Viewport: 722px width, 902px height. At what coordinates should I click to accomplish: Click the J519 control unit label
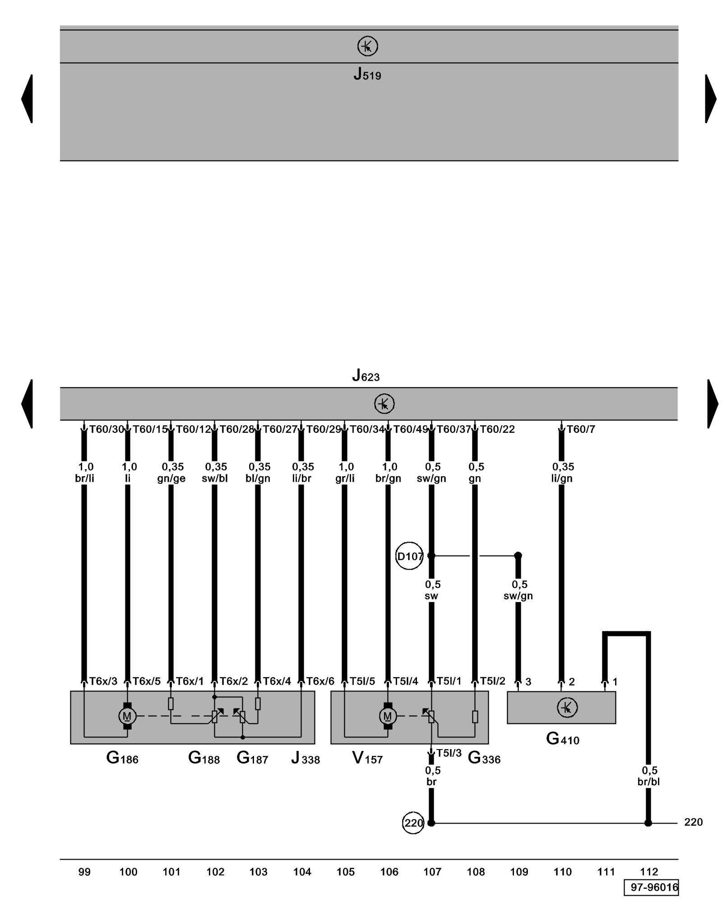tap(367, 74)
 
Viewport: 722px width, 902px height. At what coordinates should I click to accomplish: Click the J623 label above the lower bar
tap(366, 376)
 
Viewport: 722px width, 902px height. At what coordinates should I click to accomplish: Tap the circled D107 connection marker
tap(409, 556)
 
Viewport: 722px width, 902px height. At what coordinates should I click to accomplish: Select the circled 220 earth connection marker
tap(413, 823)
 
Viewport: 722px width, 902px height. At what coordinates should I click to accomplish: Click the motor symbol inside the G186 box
tap(127, 716)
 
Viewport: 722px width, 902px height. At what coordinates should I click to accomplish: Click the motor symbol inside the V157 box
tap(387, 716)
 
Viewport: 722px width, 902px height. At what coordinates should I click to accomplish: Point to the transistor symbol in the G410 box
tap(567, 707)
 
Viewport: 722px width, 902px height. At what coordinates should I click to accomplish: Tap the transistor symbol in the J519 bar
tap(367, 46)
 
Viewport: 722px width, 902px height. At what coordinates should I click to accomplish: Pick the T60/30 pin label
tap(106, 429)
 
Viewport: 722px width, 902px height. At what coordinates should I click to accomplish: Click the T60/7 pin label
tap(581, 429)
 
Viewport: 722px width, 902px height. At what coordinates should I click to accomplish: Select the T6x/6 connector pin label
tap(320, 681)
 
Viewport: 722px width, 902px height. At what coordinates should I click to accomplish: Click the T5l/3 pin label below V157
tap(449, 753)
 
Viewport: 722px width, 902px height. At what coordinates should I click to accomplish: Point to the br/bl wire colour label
tap(648, 782)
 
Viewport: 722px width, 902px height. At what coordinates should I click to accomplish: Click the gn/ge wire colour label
tap(171, 479)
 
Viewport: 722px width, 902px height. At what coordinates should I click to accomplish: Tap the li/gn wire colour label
tap(562, 479)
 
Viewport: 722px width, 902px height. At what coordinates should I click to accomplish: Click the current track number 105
tap(346, 872)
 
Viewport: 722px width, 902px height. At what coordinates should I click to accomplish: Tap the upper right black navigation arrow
tap(710, 98)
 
